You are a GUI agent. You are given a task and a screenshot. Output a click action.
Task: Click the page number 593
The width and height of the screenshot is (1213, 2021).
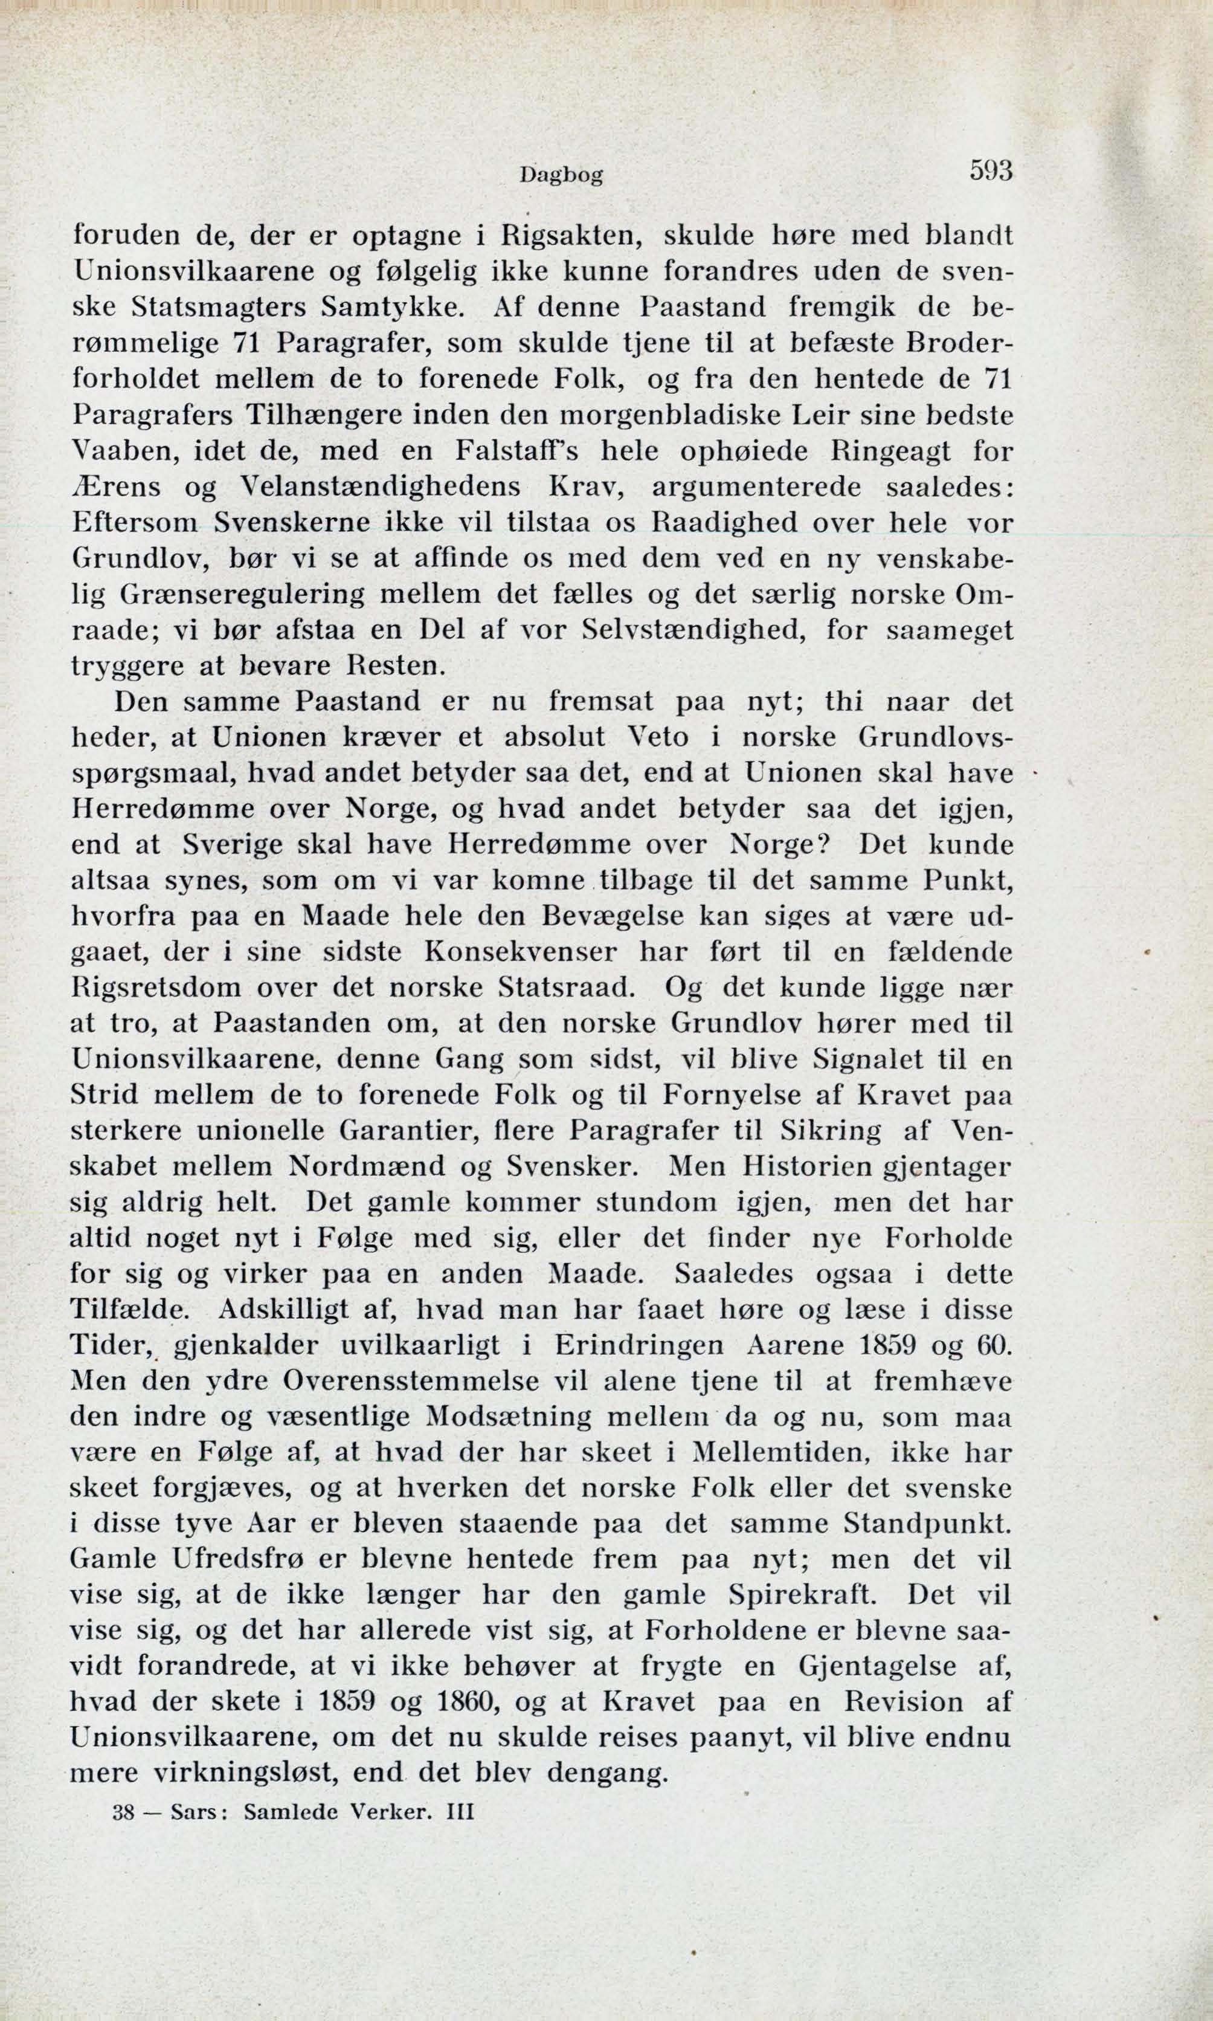(990, 171)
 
